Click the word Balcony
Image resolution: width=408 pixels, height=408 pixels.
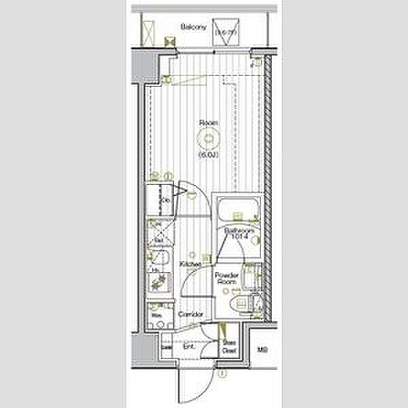pyautogui.click(x=193, y=27)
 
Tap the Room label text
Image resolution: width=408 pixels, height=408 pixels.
pyautogui.click(x=207, y=123)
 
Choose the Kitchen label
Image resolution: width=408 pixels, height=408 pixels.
pyautogui.click(x=190, y=264)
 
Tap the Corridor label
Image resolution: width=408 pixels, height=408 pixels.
pyautogui.click(x=192, y=315)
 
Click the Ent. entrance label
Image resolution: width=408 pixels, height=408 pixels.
pyautogui.click(x=189, y=347)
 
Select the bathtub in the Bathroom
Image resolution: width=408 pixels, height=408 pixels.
pyautogui.click(x=237, y=207)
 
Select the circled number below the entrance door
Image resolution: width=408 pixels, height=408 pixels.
pyautogui.click(x=221, y=372)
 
